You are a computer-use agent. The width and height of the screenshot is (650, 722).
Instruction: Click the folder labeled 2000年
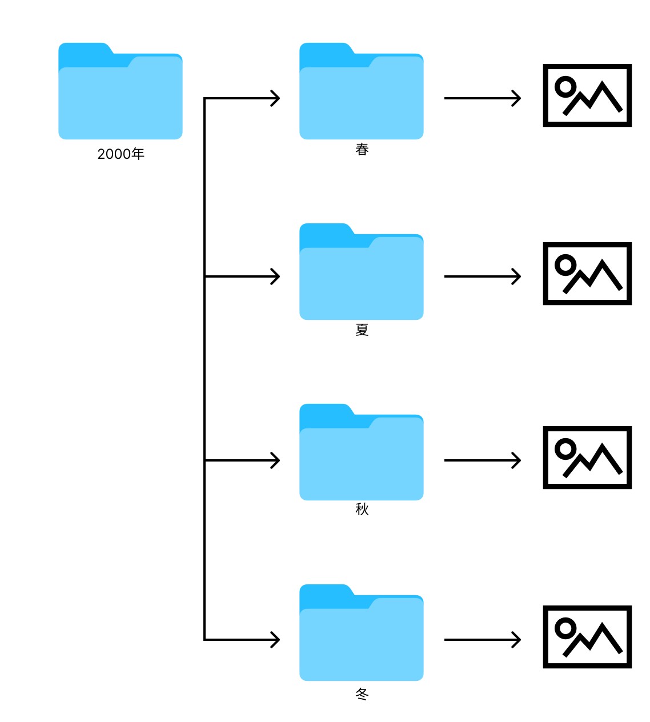pos(120,91)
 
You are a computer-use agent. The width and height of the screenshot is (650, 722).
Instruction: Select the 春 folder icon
pos(362,91)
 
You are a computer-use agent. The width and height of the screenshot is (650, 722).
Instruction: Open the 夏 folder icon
pos(362,271)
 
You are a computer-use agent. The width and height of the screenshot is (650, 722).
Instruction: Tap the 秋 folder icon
pos(362,452)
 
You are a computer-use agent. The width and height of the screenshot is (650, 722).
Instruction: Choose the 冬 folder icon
pos(362,632)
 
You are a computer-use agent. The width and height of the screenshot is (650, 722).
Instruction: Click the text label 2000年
pos(121,154)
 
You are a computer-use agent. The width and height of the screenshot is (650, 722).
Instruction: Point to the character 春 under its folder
pos(362,149)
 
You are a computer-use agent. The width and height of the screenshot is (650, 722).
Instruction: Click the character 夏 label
pos(362,330)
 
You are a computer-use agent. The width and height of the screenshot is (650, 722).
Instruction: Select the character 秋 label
pos(362,510)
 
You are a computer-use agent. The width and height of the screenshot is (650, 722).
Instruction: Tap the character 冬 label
pos(362,694)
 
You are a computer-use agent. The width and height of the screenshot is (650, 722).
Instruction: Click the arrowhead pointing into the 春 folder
pos(276,98)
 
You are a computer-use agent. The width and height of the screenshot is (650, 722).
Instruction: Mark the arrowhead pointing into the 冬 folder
pos(276,640)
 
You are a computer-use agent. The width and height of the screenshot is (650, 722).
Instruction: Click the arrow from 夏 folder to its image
pos(483,276)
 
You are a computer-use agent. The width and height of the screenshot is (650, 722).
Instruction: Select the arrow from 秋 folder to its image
pos(483,460)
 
